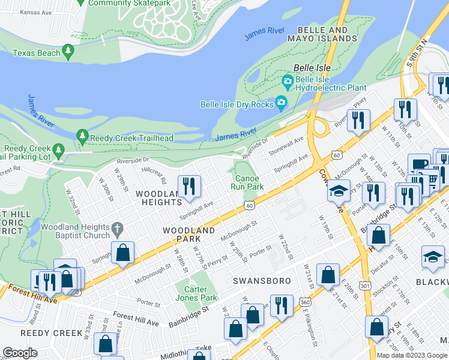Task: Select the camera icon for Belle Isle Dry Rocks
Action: tap(280, 104)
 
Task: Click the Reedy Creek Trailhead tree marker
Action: tap(82, 137)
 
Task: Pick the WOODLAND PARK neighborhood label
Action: tap(188, 235)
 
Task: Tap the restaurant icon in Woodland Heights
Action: tap(189, 185)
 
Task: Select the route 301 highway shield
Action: tap(364, 286)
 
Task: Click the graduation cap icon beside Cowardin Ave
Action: tap(339, 191)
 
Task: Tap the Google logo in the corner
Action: tap(20, 353)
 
